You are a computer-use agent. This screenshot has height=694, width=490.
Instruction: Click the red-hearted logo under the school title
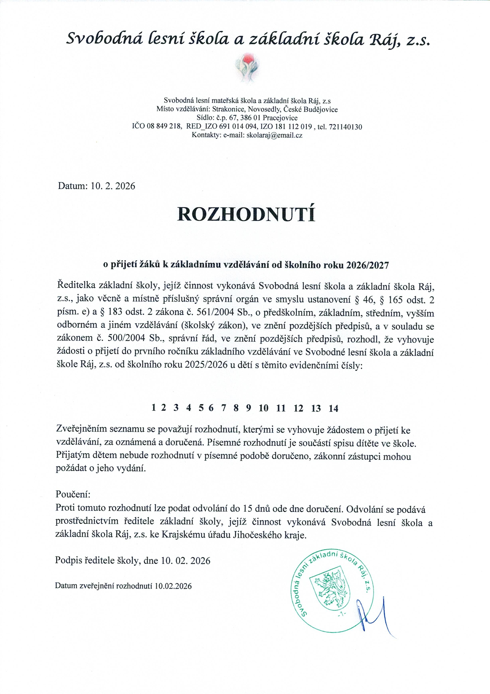pyautogui.click(x=247, y=68)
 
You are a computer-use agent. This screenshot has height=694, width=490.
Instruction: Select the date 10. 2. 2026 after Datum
pyautogui.click(x=113, y=186)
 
